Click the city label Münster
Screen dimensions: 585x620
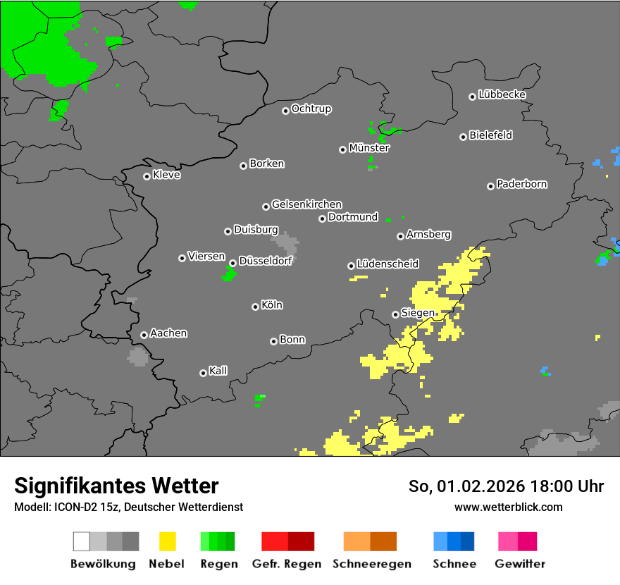point(369,148)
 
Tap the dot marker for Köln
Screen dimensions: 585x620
point(255,307)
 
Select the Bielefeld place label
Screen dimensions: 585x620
point(490,135)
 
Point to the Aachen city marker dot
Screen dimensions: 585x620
point(144,335)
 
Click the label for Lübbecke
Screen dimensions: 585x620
point(502,94)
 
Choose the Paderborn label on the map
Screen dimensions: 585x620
point(521,184)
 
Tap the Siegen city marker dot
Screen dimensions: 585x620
point(395,314)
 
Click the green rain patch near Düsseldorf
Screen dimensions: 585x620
point(228,275)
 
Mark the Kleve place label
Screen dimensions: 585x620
point(166,175)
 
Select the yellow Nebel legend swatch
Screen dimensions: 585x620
point(167,541)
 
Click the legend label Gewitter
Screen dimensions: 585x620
point(520,564)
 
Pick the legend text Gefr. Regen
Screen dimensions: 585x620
point(287,564)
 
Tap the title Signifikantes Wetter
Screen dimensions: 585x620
point(116,486)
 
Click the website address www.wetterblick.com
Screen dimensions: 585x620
point(508,507)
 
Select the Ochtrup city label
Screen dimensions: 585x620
point(311,109)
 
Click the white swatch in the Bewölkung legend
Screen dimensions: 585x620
point(81,541)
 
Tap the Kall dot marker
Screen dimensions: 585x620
point(203,373)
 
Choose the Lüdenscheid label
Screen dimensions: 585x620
point(387,264)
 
